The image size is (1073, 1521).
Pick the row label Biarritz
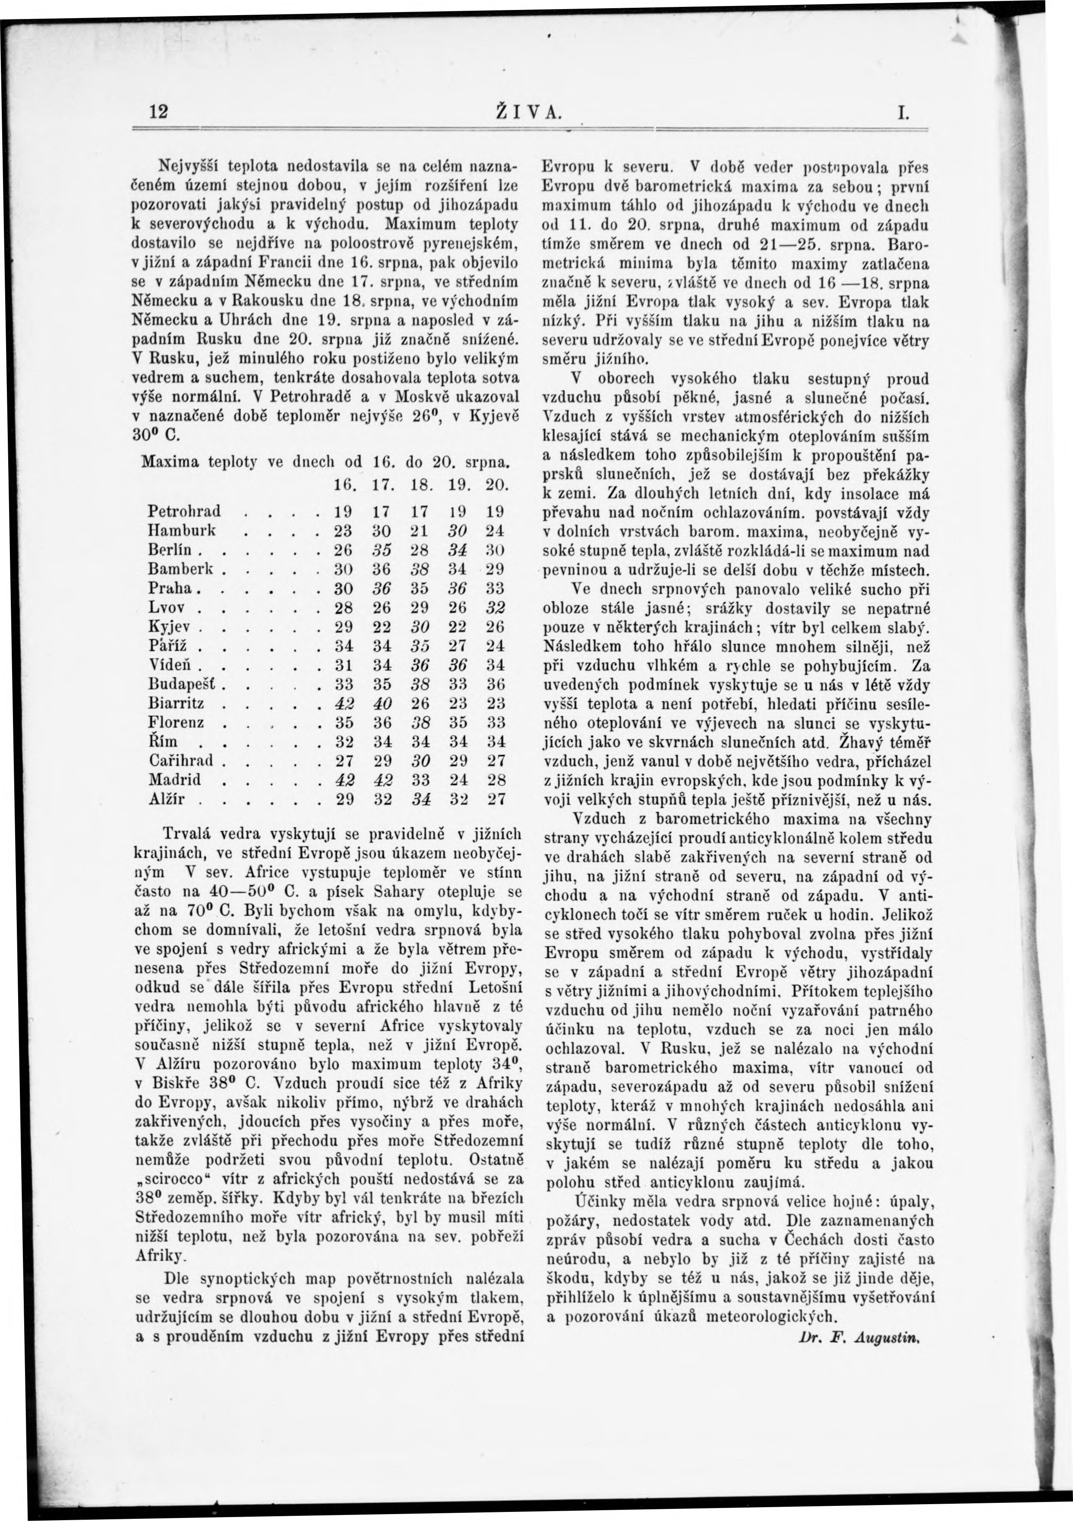point(176,704)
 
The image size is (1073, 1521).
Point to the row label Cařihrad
point(181,761)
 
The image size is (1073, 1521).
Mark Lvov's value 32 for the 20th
point(495,607)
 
